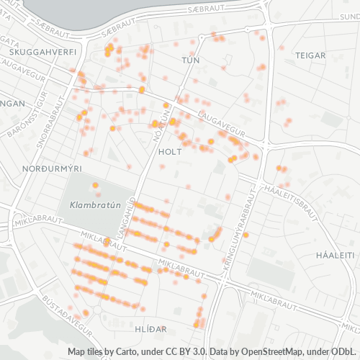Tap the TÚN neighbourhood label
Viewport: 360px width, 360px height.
coord(191,60)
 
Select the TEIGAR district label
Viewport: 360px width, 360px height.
coord(310,55)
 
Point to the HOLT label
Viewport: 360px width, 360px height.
coord(169,152)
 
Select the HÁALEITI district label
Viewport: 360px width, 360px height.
coord(336,255)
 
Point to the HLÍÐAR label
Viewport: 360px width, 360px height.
coord(151,328)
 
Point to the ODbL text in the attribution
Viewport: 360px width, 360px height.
coord(343,351)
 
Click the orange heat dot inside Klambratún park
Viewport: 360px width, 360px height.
coord(95,185)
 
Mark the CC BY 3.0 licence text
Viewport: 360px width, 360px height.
coord(187,351)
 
